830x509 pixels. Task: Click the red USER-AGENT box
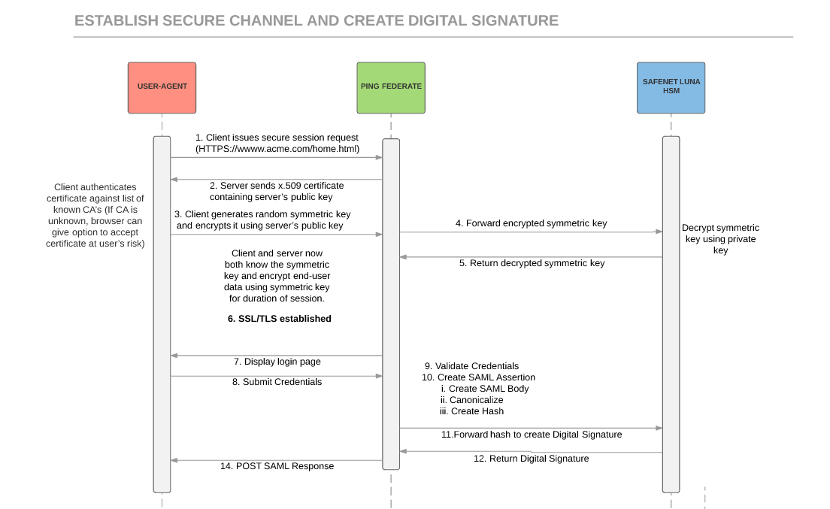pyautogui.click(x=162, y=87)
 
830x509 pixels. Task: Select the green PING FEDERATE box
pyautogui.click(x=391, y=87)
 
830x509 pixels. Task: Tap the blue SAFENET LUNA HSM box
pyautogui.click(x=671, y=87)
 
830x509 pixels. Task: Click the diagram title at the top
pyautogui.click(x=317, y=20)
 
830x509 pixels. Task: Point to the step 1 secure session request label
pyautogui.click(x=277, y=138)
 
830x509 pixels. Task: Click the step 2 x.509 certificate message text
pyautogui.click(x=276, y=191)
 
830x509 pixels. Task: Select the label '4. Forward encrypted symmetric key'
pyautogui.click(x=531, y=223)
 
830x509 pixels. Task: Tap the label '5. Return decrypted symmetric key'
pyautogui.click(x=532, y=263)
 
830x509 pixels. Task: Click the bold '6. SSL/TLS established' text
pyautogui.click(x=279, y=319)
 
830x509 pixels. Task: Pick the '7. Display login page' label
pyautogui.click(x=276, y=362)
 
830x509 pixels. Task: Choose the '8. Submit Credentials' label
pyautogui.click(x=277, y=382)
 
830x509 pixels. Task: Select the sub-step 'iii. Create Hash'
pyautogui.click(x=471, y=411)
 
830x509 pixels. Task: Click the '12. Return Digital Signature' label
pyautogui.click(x=531, y=458)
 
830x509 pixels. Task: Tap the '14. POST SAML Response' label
pyautogui.click(x=277, y=466)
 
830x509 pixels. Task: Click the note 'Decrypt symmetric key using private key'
pyautogui.click(x=720, y=239)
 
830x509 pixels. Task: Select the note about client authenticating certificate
pyautogui.click(x=95, y=215)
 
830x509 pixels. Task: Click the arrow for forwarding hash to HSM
pyautogui.click(x=530, y=428)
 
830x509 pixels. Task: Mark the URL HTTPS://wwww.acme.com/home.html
pyautogui.click(x=277, y=149)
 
